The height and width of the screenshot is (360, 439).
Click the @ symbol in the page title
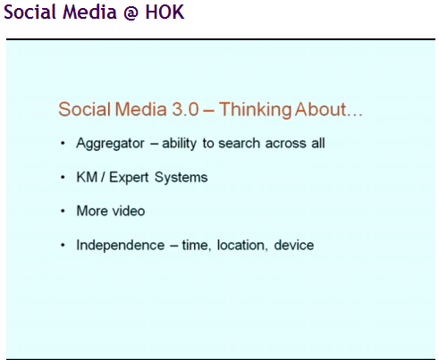(131, 13)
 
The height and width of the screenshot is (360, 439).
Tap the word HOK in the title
(165, 12)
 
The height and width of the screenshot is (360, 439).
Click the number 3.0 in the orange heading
(185, 109)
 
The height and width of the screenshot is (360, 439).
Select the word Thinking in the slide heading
(256, 110)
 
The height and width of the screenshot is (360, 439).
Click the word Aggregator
(110, 144)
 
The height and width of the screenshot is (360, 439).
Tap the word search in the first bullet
(240, 143)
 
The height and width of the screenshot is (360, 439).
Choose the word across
(286, 144)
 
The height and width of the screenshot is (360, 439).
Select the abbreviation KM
(87, 177)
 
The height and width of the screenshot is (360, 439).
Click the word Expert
(129, 178)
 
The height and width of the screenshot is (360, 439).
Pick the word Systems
(181, 178)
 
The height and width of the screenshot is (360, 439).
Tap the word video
(129, 211)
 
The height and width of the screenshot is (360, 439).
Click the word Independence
(121, 246)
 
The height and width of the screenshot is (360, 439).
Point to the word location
(241, 246)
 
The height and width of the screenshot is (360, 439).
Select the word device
(294, 245)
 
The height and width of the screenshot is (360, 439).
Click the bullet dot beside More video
(63, 211)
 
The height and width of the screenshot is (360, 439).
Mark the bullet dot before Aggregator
(63, 144)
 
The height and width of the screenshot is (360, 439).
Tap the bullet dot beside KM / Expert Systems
(63, 178)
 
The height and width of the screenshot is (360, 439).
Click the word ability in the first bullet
(179, 144)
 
